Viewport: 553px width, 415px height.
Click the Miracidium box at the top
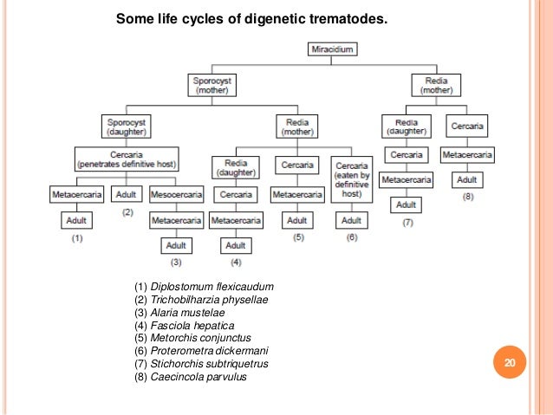332,49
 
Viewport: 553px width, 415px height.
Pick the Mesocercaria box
177,195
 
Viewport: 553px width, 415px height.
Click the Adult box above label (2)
127,195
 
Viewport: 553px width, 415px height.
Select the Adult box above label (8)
468,180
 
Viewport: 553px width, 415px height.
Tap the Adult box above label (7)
406,205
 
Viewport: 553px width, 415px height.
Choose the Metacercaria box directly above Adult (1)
77,195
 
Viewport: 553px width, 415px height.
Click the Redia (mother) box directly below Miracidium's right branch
436,86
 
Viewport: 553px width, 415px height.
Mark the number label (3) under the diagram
177,261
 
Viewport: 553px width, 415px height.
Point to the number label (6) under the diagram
351,237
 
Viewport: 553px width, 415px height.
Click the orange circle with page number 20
510,363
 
